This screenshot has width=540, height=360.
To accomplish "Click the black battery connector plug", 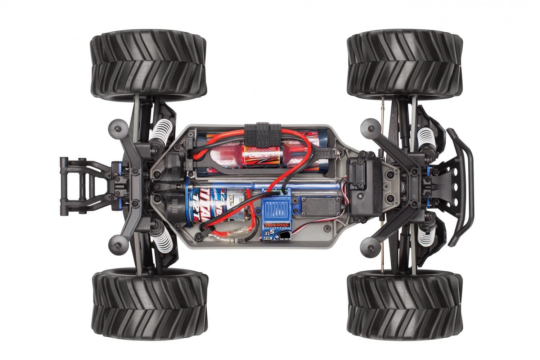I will coord(262,133).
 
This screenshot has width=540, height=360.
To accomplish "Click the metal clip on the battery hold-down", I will coord(338,154).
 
